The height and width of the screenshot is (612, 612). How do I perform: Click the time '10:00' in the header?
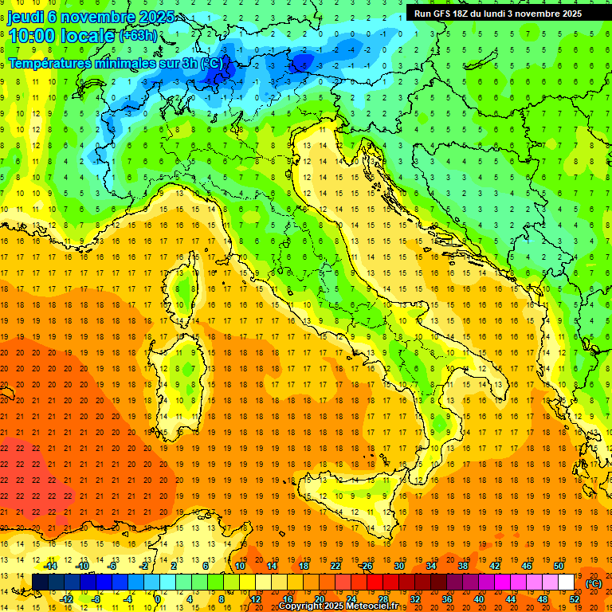pyautogui.click(x=33, y=35)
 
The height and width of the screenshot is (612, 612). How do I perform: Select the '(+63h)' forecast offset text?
pyautogui.click(x=138, y=36)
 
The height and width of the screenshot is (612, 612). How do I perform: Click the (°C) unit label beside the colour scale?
pyautogui.click(x=594, y=583)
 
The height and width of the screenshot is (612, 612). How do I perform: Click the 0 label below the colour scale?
pyautogui.click(x=158, y=599)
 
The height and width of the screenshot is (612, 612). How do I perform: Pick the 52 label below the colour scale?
pyautogui.click(x=574, y=599)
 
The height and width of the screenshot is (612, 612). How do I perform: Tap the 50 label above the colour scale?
pyautogui.click(x=558, y=566)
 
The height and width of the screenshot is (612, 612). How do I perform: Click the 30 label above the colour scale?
pyautogui.click(x=398, y=566)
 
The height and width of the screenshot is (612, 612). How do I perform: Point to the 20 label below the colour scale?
pyautogui.click(x=319, y=599)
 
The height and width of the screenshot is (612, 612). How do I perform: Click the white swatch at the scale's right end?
pyautogui.click(x=566, y=583)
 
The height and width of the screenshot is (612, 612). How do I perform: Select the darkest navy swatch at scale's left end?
pyautogui.click(x=40, y=583)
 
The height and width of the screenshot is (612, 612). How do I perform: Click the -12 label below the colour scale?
pyautogui.click(x=66, y=599)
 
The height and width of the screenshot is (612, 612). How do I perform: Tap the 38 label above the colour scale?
pyautogui.click(x=462, y=566)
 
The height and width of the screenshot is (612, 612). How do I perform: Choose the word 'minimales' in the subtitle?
pyautogui.click(x=119, y=62)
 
